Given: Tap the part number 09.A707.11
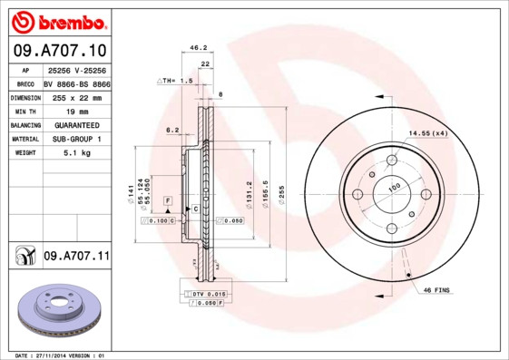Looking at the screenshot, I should pos(76,258).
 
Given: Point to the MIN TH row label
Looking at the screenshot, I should pos(25,110).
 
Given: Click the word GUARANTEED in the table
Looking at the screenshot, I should pos(76,124).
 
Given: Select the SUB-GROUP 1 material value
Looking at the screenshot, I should pos(76,138).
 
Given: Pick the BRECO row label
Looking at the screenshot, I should pos(25,83).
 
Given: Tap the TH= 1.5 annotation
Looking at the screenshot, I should pos(176,81).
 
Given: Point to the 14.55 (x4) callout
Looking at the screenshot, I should pos(427,133).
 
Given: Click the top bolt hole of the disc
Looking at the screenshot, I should pos(392,161).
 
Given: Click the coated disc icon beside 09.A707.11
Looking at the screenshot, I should pos(24,258).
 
